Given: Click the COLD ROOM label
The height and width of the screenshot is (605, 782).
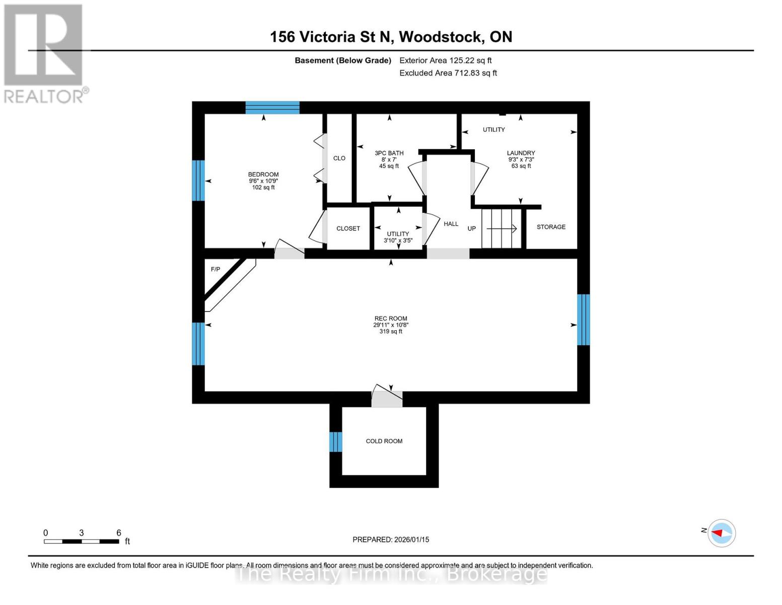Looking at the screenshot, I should click(384, 441).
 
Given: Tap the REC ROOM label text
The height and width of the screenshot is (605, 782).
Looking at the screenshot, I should click(391, 319).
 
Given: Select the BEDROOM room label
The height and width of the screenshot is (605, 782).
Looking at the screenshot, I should click(263, 174).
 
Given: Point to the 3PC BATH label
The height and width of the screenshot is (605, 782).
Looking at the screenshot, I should click(389, 153).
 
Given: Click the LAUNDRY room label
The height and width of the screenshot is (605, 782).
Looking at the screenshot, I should click(521, 153).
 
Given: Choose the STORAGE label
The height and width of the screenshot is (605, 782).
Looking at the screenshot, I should click(551, 227).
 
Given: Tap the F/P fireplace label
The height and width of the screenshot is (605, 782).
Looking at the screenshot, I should click(216, 269).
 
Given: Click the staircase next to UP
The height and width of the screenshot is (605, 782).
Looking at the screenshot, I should click(501, 228).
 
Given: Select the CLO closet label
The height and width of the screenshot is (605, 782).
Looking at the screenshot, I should click(339, 158).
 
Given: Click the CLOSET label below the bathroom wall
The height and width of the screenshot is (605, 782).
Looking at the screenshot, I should click(348, 228).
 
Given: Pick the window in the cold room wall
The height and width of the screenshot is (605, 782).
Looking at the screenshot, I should click(336, 442).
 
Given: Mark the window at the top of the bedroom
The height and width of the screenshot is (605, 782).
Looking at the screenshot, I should click(272, 107).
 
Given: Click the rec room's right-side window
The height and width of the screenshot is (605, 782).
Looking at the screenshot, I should click(583, 320).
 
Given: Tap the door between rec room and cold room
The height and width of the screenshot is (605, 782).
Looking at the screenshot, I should click(387, 397).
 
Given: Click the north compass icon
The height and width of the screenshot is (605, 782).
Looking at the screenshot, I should click(722, 533).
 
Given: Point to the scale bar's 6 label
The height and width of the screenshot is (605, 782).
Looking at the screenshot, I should click(119, 532).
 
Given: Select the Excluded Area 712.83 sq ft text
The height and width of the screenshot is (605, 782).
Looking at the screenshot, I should click(448, 73).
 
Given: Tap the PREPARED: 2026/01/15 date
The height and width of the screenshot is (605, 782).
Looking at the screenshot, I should click(391, 539).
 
